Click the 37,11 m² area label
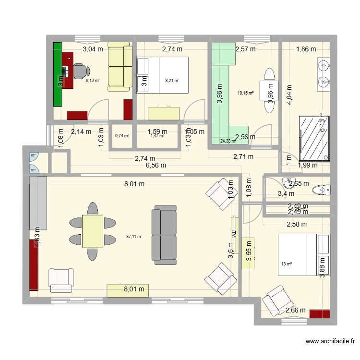134,236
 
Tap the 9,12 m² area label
93,81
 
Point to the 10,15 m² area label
245,93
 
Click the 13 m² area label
287,264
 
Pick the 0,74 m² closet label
122,135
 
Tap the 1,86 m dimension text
306,49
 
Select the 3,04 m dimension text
93,49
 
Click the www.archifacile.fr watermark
330,342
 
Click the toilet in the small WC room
322,191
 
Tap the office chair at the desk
79,72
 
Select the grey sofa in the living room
164,235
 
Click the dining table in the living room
93,231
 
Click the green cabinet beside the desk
57,74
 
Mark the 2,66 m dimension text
295,311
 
